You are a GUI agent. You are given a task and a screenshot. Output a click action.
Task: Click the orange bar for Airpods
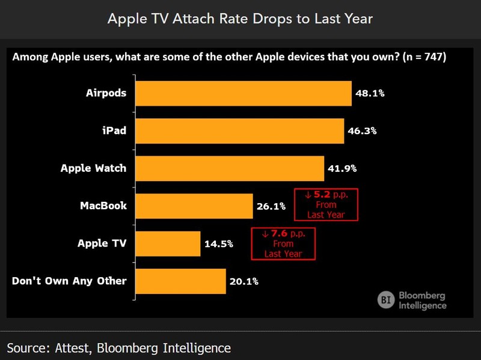pyautogui.click(x=243, y=93)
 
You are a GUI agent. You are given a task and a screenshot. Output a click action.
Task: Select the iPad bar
pyautogui.click(x=239, y=130)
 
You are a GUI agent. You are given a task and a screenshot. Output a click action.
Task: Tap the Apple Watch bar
pyautogui.click(x=229, y=168)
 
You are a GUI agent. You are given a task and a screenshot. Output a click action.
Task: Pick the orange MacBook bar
pyautogui.click(x=194, y=206)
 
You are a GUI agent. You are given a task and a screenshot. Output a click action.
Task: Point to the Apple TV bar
pyautogui.click(x=167, y=243)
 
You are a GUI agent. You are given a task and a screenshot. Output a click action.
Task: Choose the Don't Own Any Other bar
pyautogui.click(x=180, y=281)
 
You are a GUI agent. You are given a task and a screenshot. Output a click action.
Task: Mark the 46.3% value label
pyautogui.click(x=362, y=130)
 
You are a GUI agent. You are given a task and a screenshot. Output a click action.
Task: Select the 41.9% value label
pyautogui.click(x=342, y=168)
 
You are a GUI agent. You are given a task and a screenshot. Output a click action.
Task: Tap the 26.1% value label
pyautogui.click(x=271, y=206)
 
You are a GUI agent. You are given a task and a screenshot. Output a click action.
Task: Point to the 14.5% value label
pyautogui.click(x=218, y=243)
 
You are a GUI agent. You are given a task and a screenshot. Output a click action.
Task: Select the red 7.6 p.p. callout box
pyautogui.click(x=283, y=243)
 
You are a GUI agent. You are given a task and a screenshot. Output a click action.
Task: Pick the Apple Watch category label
pyautogui.click(x=93, y=168)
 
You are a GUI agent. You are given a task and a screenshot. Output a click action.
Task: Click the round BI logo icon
pyautogui.click(x=386, y=299)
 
